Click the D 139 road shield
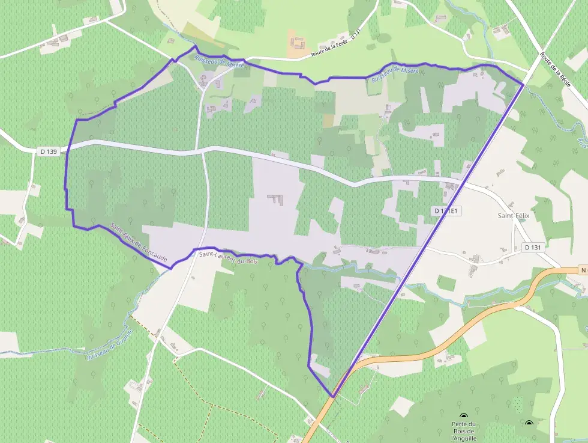click(49, 152)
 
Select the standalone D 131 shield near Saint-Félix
click(532, 247)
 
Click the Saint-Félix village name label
click(512, 215)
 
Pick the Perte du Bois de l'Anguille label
click(464, 431)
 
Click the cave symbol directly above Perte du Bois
click(464, 416)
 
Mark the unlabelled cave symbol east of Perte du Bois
click(529, 424)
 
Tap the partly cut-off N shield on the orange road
click(583, 270)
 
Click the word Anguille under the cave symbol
click(464, 438)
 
